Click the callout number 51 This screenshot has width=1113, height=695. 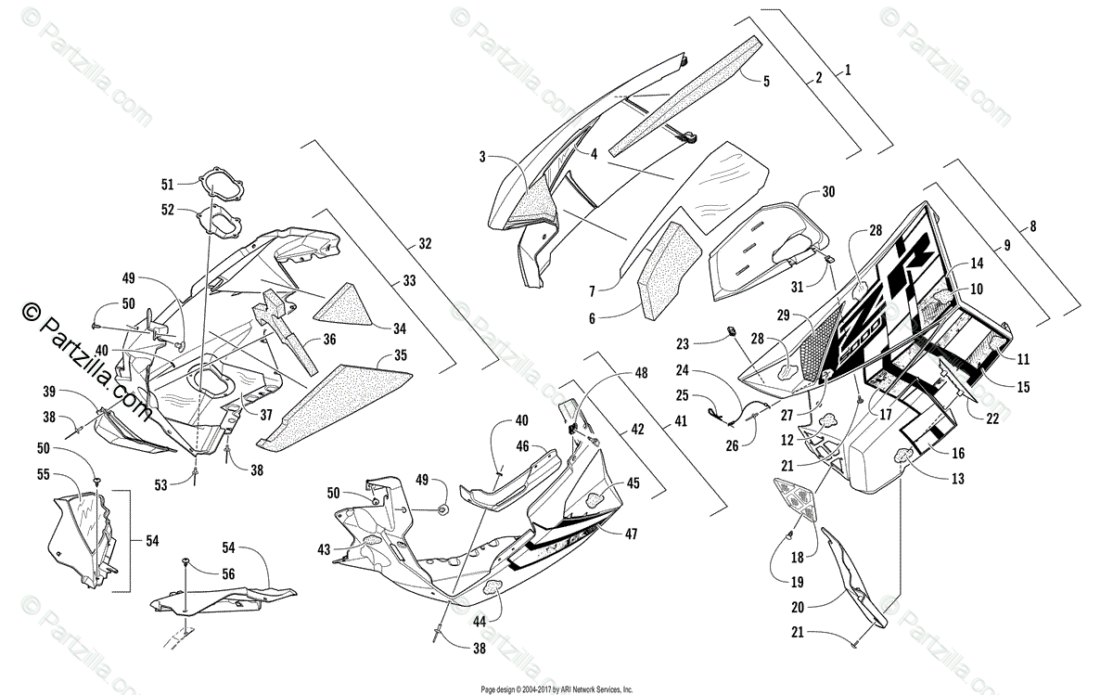167,183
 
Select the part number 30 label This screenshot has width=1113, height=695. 828,193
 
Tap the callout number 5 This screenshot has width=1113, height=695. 765,82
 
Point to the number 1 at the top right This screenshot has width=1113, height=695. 847,70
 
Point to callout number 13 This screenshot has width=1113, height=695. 957,479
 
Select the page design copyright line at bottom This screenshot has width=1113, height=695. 556,689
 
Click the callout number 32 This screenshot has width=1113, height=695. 425,244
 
